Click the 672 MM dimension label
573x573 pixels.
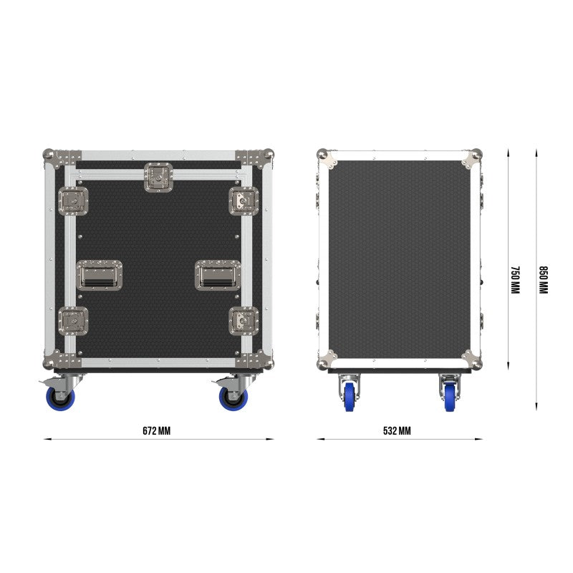pyautogui.click(x=156, y=431)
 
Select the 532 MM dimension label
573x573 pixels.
pyautogui.click(x=397, y=431)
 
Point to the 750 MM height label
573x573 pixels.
pyautogui.click(x=515, y=280)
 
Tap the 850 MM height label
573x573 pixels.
pyautogui.click(x=544, y=280)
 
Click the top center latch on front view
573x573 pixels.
pyautogui.click(x=158, y=177)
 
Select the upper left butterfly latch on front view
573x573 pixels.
pyautogui.click(x=74, y=201)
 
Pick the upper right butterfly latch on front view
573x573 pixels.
pyautogui.click(x=244, y=201)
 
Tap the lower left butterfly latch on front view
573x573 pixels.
pyautogui.click(x=74, y=321)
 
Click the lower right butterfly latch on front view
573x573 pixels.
pyautogui.click(x=244, y=321)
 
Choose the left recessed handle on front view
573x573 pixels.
pyautogui.click(x=100, y=275)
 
